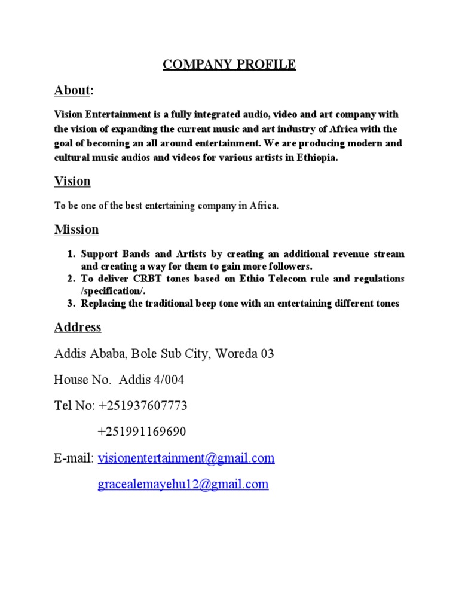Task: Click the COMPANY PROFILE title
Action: point(229,65)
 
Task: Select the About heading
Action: point(72,91)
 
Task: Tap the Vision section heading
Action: point(72,181)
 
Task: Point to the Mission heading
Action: point(76,229)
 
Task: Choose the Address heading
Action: point(78,328)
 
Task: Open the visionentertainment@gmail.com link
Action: point(186,458)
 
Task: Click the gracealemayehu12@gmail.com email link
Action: point(183,485)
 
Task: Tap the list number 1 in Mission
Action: point(70,255)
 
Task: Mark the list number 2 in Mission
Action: point(70,279)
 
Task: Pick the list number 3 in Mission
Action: point(70,304)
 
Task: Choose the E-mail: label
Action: point(74,458)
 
